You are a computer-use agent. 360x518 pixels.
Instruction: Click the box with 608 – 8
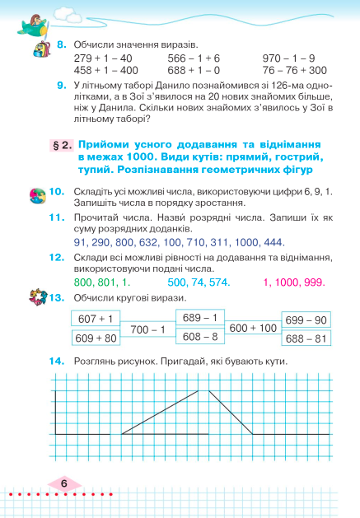[x=200, y=337]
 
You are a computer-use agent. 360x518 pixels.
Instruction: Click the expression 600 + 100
[x=253, y=328]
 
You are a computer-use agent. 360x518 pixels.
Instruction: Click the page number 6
[x=64, y=484]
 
